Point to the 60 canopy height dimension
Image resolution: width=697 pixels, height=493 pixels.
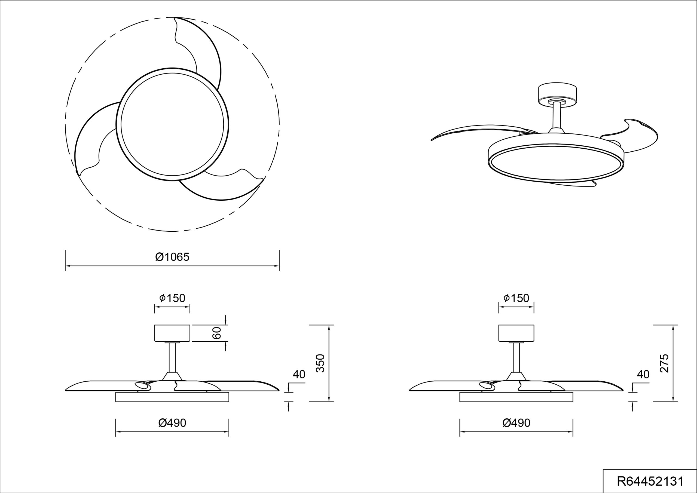(x=217, y=333)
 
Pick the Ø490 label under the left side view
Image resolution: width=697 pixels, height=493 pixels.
(x=172, y=423)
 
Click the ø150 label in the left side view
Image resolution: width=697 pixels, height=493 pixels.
(x=172, y=298)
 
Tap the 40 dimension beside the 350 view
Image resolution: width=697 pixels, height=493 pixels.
(x=299, y=375)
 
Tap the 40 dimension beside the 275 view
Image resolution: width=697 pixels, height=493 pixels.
(x=643, y=375)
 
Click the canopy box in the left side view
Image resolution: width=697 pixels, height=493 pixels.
(x=172, y=333)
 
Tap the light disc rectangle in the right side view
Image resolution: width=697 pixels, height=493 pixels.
(x=516, y=397)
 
